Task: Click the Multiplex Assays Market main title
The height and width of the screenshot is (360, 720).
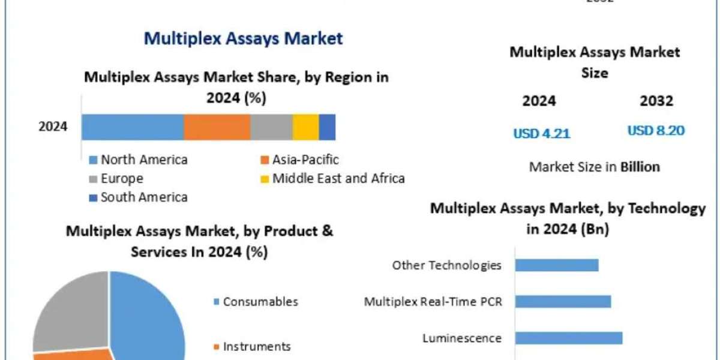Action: pyautogui.click(x=243, y=38)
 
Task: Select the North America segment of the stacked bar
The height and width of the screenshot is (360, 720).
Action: pyautogui.click(x=133, y=127)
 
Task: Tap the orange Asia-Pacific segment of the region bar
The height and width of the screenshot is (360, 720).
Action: pyautogui.click(x=217, y=127)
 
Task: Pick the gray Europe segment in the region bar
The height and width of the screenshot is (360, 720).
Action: pyautogui.click(x=271, y=127)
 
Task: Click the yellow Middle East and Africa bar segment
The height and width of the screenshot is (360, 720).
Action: pyautogui.click(x=305, y=127)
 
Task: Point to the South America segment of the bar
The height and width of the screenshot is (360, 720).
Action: pyautogui.click(x=327, y=127)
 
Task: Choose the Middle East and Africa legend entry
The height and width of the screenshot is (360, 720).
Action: pyautogui.click(x=333, y=178)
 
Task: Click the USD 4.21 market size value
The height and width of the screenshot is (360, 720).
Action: pyautogui.click(x=541, y=134)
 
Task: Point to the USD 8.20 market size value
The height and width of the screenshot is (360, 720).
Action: pyautogui.click(x=656, y=130)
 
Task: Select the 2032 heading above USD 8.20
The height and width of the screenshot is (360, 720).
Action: pyautogui.click(x=656, y=101)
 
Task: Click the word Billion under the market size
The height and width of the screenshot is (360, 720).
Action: pyautogui.click(x=640, y=167)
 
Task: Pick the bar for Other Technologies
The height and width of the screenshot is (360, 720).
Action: pyautogui.click(x=557, y=265)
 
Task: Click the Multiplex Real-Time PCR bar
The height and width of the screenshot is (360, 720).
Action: pyautogui.click(x=563, y=301)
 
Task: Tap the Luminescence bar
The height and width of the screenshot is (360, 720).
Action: pyautogui.click(x=568, y=338)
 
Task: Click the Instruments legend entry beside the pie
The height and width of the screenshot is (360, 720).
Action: pyautogui.click(x=252, y=346)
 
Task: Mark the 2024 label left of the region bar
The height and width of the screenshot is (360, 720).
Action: pyautogui.click(x=53, y=127)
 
